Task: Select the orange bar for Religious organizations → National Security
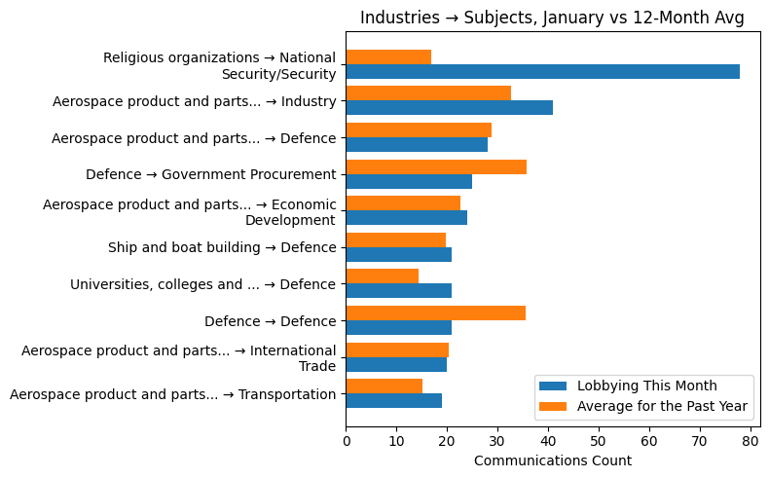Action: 388,56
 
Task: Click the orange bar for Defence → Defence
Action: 435,313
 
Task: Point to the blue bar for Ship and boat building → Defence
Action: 398,254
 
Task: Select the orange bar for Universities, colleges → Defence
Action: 382,276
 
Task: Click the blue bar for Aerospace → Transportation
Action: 393,400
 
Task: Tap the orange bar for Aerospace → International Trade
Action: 397,349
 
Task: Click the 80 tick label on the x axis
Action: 749,441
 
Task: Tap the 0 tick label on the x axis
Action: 346,441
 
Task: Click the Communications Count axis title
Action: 552,460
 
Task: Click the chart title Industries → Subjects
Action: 552,18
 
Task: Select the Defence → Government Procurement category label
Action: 210,175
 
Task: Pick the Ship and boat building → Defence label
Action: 221,248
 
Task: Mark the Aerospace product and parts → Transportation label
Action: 172,394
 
